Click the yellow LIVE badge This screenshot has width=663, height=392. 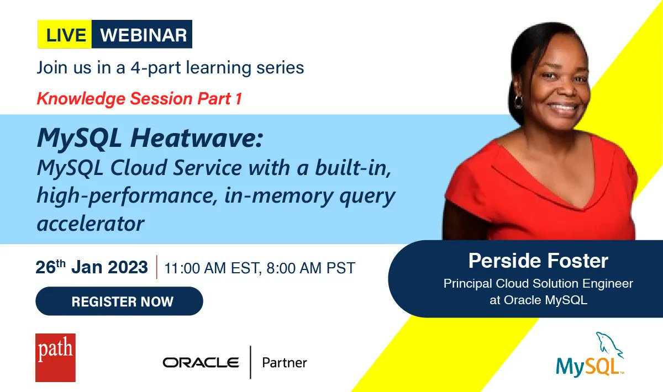[x=65, y=34]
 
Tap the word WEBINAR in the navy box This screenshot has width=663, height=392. [x=144, y=35]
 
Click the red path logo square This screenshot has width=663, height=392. [x=55, y=357]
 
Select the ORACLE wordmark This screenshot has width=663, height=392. [x=201, y=363]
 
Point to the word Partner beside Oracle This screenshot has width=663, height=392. [x=285, y=363]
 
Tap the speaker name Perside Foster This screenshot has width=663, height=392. [x=538, y=261]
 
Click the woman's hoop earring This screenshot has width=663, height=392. [x=519, y=102]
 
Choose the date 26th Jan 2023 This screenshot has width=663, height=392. [x=92, y=267]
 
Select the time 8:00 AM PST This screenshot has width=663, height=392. [x=311, y=268]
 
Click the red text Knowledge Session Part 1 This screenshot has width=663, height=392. [x=139, y=98]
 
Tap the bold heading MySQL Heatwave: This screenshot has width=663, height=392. [x=150, y=138]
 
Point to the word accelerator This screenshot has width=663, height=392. [x=91, y=224]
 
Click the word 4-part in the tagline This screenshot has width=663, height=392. [x=156, y=68]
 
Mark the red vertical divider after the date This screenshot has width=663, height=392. [x=156, y=267]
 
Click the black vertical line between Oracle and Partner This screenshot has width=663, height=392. [x=250, y=362]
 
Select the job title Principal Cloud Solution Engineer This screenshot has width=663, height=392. [x=538, y=284]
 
